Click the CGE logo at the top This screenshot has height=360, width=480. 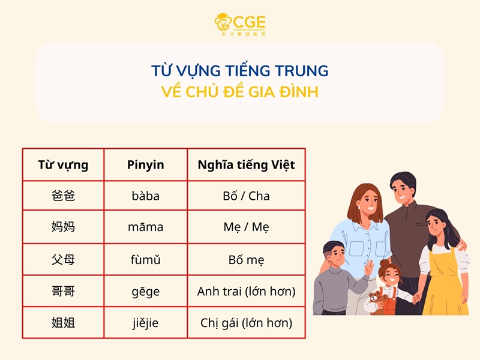click(x=240, y=24)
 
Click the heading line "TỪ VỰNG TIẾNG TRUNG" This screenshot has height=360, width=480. click(x=240, y=71)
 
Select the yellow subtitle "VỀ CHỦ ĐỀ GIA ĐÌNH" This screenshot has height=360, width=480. click(x=240, y=92)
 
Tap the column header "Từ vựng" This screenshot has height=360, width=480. click(x=63, y=165)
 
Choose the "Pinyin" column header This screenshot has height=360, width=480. click(x=145, y=165)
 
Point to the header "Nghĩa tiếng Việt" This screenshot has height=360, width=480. click(x=246, y=165)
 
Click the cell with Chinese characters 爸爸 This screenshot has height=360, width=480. click(x=63, y=196)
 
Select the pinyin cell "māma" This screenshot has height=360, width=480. click(x=145, y=227)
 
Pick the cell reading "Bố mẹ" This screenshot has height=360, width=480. click(x=246, y=260)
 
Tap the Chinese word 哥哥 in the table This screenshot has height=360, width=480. click(x=63, y=292)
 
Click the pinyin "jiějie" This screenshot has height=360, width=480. click(x=145, y=323)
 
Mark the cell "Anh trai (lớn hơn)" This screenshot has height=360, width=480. click(x=246, y=292)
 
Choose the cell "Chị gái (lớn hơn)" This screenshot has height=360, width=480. click(x=246, y=323)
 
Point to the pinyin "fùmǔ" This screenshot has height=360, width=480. click(x=145, y=260)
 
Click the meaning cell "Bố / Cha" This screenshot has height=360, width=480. click(x=246, y=196)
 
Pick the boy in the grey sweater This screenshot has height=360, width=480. click(x=334, y=282)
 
